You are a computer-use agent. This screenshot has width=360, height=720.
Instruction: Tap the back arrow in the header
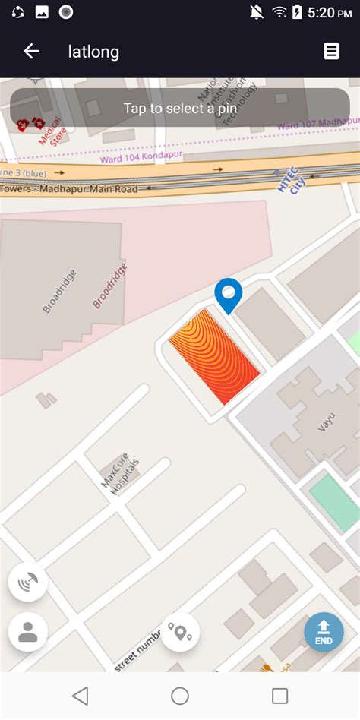click(31, 52)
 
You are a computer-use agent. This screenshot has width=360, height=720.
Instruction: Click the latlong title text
click(93, 52)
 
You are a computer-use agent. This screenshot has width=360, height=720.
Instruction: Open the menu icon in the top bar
click(331, 51)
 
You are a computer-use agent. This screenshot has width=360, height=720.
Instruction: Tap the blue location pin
click(228, 295)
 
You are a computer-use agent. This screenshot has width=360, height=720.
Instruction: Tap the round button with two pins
click(180, 632)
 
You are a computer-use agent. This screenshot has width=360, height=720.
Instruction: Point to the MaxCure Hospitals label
click(120, 477)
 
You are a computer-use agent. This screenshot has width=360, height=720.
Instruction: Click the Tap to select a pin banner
click(180, 108)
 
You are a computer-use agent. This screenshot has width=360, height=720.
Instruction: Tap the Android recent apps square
click(279, 696)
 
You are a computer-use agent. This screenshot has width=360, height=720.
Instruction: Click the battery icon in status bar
click(297, 12)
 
